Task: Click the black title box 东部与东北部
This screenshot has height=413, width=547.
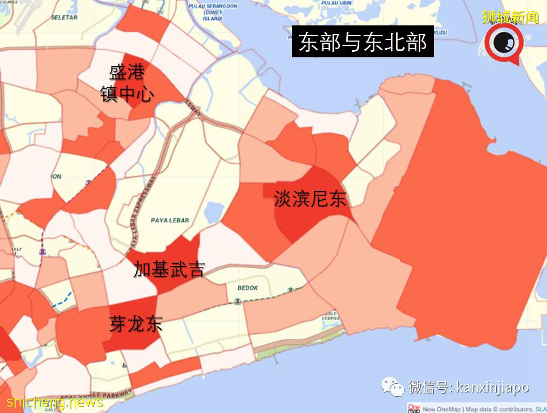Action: click(x=363, y=42)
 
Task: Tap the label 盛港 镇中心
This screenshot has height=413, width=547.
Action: click(x=127, y=83)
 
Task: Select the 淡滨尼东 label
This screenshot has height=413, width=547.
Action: click(x=309, y=199)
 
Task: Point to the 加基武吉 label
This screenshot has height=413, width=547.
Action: click(x=169, y=269)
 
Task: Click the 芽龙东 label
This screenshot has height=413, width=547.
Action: click(x=136, y=324)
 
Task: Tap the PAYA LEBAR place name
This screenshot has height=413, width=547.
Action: click(x=170, y=220)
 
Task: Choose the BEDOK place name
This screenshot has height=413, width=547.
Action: click(x=247, y=288)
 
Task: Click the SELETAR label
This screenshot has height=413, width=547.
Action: click(x=64, y=17)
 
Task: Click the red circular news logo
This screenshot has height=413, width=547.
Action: click(x=503, y=43)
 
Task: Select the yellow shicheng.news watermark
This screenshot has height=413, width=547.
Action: click(x=54, y=402)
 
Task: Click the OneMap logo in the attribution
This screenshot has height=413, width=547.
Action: click(x=414, y=408)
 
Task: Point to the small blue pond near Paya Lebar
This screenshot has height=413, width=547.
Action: click(x=214, y=213)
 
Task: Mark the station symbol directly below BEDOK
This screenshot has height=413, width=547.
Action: click(x=237, y=301)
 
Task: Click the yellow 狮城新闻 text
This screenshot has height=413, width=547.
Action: click(x=511, y=17)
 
